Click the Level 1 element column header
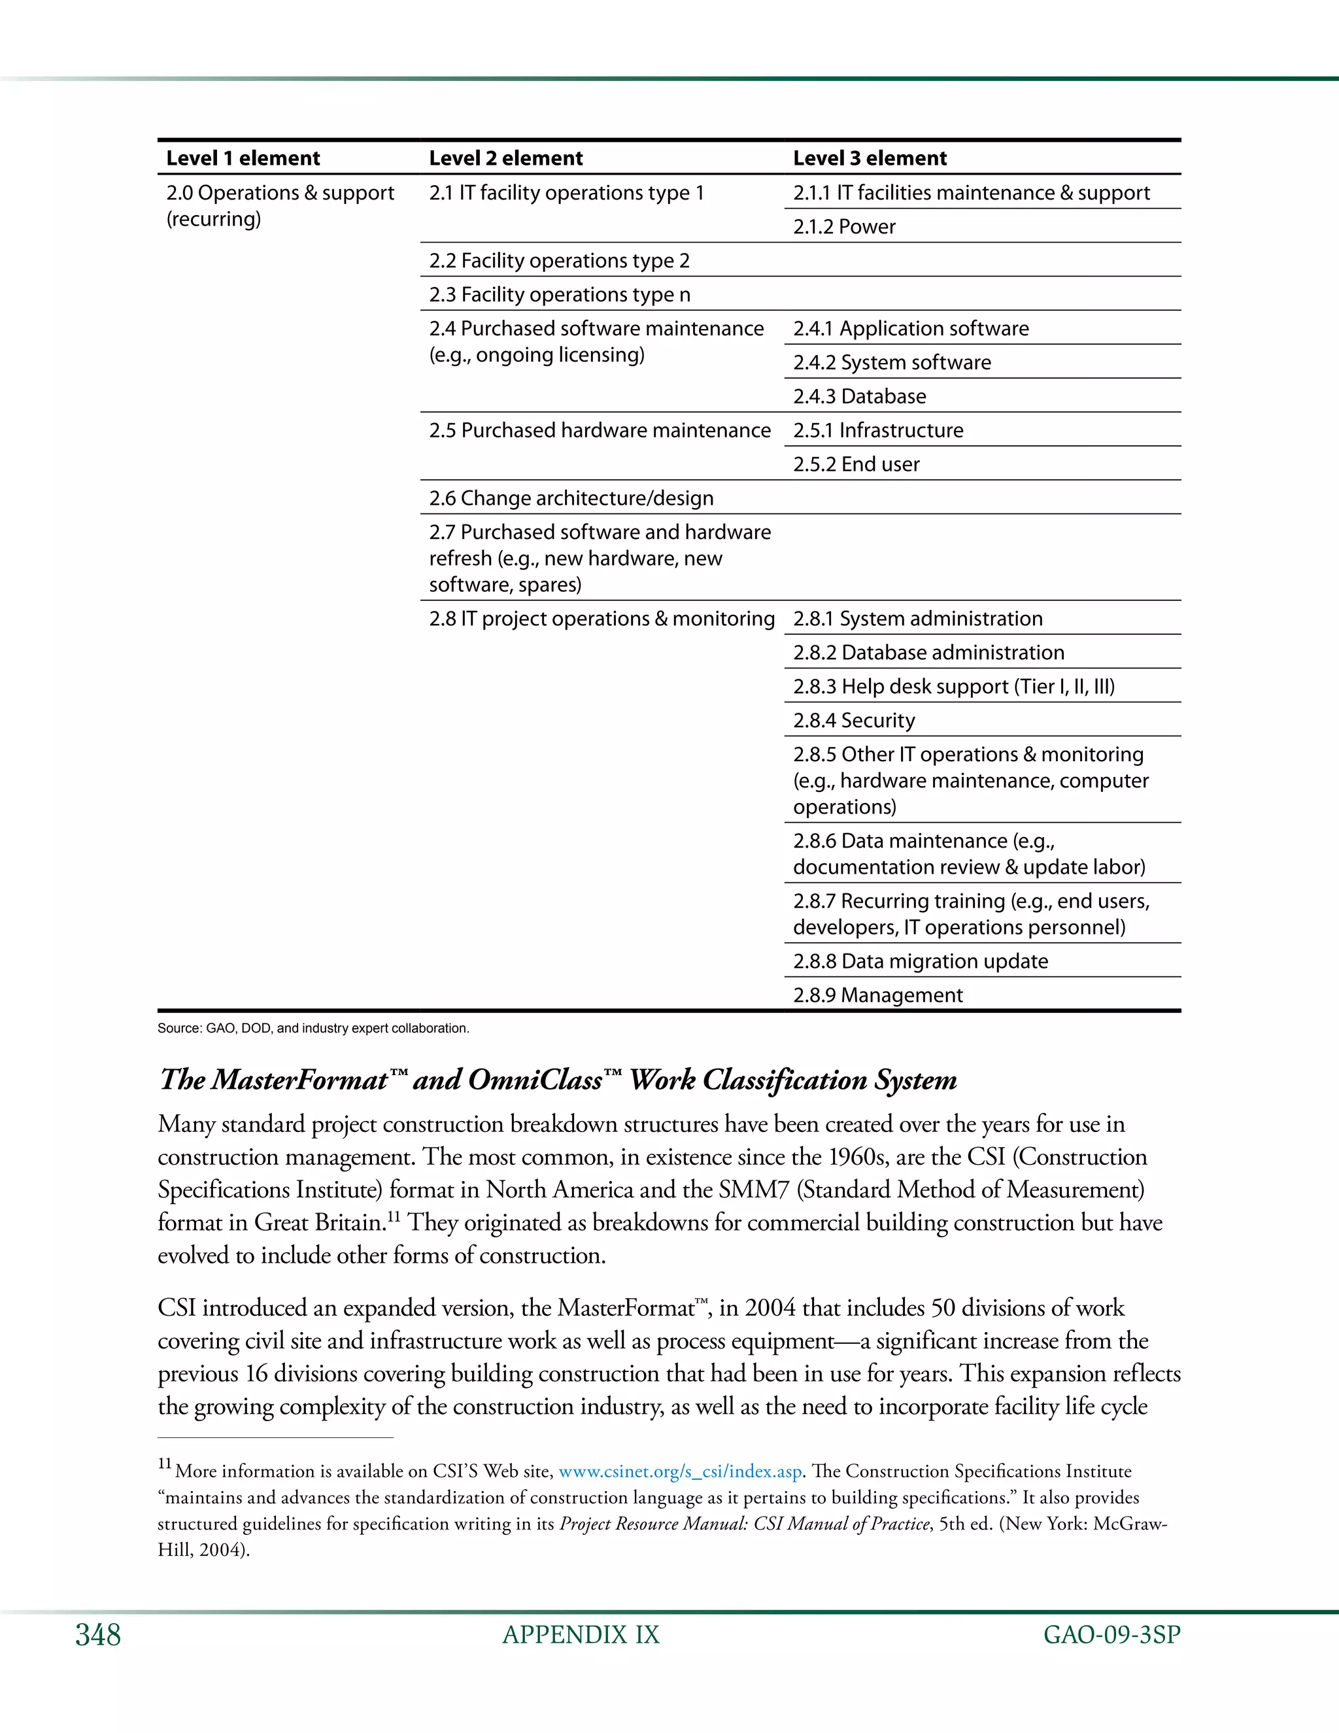(x=243, y=158)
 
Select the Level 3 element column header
(x=870, y=158)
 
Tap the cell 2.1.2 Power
(x=844, y=227)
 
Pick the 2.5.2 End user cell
(x=856, y=464)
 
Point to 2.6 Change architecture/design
(x=571, y=498)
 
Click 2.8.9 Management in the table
(x=877, y=995)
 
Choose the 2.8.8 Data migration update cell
(x=920, y=961)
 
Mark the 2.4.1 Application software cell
(x=911, y=328)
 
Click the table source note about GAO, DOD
(x=313, y=1029)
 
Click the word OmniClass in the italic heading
(x=535, y=1080)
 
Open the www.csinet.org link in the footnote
(x=680, y=1471)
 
